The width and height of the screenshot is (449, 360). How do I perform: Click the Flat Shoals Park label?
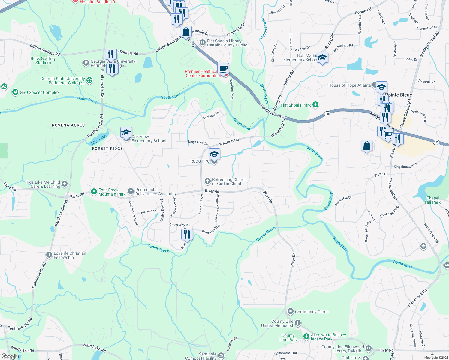296,105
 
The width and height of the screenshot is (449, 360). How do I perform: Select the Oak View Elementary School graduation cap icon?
126,133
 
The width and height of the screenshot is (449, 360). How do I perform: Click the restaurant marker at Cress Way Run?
187,234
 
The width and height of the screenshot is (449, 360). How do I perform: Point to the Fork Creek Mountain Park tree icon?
94,191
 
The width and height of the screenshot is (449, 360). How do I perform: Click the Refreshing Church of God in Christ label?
229,181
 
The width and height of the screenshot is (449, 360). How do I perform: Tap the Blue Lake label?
99,139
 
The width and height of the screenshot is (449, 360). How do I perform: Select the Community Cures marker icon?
290,311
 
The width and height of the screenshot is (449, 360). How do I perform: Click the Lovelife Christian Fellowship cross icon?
49,255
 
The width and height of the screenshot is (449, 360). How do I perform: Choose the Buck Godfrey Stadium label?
43,61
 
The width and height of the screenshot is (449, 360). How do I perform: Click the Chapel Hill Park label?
432,200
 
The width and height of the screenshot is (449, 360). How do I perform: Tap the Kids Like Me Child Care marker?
65,184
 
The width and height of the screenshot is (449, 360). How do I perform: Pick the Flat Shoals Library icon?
203,42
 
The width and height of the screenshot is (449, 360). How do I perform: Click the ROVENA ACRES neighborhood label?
68,125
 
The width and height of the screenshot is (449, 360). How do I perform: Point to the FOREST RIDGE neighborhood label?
107,148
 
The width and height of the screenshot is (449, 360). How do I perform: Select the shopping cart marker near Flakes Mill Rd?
387,134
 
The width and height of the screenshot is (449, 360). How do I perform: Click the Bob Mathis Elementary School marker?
322,57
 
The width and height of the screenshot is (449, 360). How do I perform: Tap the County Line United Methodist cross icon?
297,323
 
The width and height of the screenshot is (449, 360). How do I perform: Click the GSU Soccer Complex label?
39,92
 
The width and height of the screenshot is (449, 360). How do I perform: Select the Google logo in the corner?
10,356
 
